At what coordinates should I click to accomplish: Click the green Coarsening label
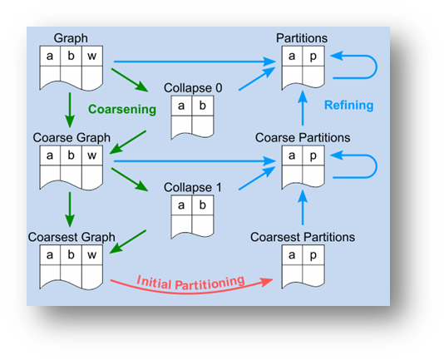click(122, 110)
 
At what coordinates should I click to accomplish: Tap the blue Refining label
click(349, 105)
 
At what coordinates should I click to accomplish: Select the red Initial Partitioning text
click(190, 283)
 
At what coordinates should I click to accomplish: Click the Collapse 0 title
click(193, 88)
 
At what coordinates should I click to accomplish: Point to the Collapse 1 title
click(193, 187)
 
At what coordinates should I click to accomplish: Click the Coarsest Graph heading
click(72, 237)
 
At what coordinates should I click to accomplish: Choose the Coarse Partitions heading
click(303, 138)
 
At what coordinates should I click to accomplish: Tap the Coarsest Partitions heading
click(303, 237)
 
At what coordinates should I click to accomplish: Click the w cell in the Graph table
click(92, 56)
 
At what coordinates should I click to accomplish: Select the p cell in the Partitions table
click(313, 56)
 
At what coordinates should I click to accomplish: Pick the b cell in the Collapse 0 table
click(203, 106)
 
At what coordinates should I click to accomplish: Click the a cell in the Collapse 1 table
click(181, 205)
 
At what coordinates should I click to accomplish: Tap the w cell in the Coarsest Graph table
click(92, 255)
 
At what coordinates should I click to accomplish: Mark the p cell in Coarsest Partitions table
click(313, 255)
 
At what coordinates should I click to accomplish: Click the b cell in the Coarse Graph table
click(71, 155)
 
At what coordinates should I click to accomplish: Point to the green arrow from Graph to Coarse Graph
click(70, 110)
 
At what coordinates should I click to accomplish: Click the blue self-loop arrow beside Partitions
click(376, 67)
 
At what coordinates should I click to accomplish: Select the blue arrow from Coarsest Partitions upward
click(303, 208)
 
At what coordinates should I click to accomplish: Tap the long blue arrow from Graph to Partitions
click(195, 62)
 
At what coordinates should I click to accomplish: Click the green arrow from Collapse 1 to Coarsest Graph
click(128, 242)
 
